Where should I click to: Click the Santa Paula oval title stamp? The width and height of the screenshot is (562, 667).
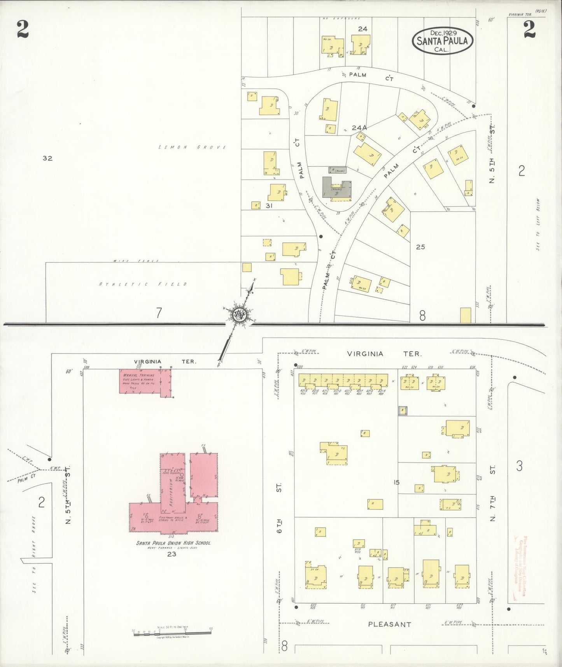coord(442,40)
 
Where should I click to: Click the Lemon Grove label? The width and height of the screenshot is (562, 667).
coord(193,147)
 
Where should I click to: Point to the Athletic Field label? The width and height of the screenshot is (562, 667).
coord(143,284)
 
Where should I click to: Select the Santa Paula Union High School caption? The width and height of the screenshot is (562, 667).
coord(173,542)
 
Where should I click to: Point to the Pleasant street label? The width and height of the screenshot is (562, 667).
coord(389,624)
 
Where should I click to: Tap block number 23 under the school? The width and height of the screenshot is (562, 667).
coord(172,554)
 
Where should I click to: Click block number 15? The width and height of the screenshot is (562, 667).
coord(396,483)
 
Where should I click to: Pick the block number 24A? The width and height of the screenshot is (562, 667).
coord(359,128)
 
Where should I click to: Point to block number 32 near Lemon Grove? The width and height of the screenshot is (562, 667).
coord(47,158)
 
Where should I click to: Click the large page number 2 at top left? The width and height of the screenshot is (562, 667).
coord(23,30)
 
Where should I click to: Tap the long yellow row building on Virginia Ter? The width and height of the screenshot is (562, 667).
coord(343,379)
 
